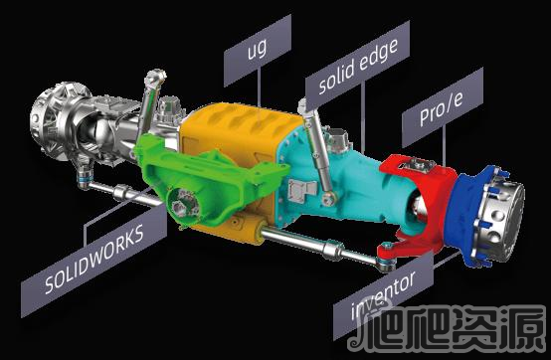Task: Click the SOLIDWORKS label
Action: click(94, 260)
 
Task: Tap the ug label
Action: click(258, 51)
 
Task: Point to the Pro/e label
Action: click(443, 107)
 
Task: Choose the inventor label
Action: click(383, 296)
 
